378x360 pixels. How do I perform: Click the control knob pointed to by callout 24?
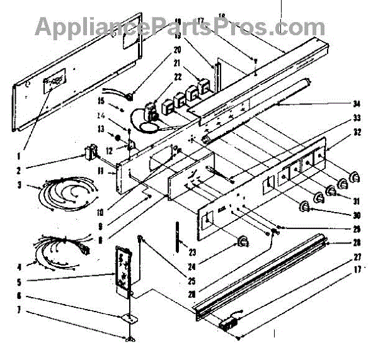[x=242, y=242]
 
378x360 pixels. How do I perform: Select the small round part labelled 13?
[x=117, y=137]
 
